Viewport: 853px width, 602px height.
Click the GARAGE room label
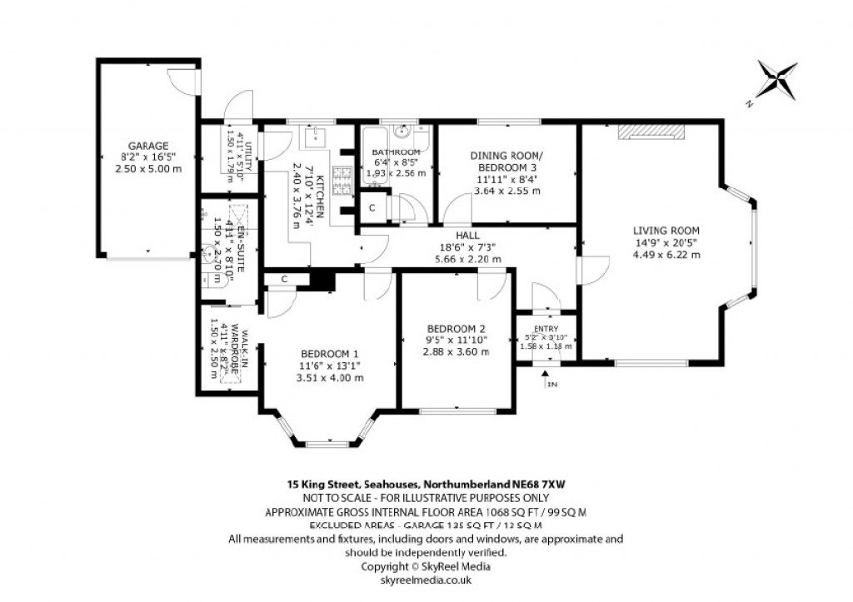[147, 145]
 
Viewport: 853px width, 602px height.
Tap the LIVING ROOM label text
[666, 231]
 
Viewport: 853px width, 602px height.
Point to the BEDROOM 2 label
[454, 327]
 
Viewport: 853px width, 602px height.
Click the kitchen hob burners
[342, 179]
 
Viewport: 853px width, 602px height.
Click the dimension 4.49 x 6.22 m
[666, 255]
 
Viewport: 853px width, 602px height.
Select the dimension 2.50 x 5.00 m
[147, 168]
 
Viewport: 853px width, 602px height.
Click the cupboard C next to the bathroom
[372, 206]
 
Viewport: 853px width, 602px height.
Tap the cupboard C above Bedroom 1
[284, 279]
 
